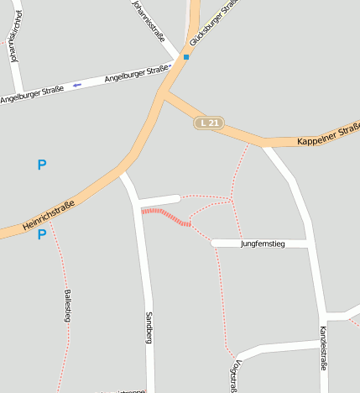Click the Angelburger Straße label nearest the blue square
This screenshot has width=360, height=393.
[x=138, y=76]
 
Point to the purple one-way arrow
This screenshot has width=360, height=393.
[x=77, y=85]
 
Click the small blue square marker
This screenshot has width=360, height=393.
[x=186, y=57]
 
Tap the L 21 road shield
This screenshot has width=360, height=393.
[x=208, y=123]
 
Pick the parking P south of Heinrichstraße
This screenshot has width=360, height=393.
[x=42, y=235]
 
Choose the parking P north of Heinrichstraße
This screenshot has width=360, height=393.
[x=42, y=165]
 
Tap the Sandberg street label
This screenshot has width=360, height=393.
[x=149, y=327]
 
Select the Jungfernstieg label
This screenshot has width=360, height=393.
[x=263, y=244]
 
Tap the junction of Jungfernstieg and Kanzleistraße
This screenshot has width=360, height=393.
[x=309, y=244]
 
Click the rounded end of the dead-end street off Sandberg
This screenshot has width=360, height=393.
[x=176, y=199]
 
